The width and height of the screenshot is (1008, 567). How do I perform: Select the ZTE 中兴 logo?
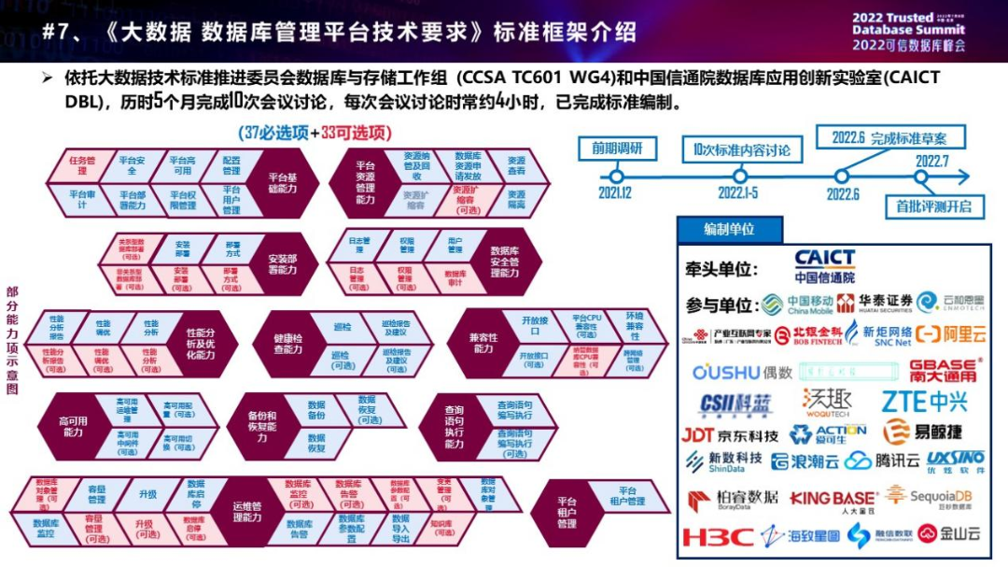coord(924,402)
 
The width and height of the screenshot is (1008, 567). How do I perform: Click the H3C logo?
coord(717,537)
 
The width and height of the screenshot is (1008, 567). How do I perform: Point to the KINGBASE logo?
coord(833,499)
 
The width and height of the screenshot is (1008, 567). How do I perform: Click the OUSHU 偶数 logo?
coord(742,372)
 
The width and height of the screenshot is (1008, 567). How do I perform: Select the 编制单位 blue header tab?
coord(729,229)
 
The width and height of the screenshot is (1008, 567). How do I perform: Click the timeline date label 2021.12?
coord(615,192)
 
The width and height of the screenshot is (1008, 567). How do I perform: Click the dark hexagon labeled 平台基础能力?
coord(282,182)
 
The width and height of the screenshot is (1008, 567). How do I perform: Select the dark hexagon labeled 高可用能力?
coord(73,427)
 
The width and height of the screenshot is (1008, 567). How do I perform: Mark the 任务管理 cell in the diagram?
coord(83,165)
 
